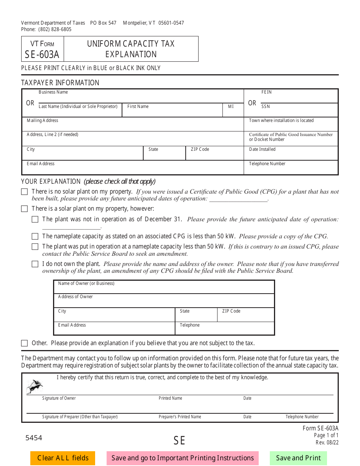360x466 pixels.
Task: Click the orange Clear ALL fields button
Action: (x=63, y=458)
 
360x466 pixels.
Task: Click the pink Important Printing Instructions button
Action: (x=183, y=458)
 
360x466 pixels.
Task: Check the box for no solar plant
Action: (x=25, y=192)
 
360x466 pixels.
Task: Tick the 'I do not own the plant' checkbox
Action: (x=35, y=264)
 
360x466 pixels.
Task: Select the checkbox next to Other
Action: (x=25, y=343)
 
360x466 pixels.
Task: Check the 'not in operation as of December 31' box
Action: (x=35, y=219)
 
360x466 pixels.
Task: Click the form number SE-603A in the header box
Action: (x=42, y=55)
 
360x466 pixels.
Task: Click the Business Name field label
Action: (x=53, y=92)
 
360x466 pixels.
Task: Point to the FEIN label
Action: (x=266, y=92)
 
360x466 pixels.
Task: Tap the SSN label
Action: (x=266, y=106)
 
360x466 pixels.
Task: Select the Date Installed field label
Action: (x=262, y=149)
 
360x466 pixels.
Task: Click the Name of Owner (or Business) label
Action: (x=86, y=283)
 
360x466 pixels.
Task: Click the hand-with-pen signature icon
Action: (x=34, y=386)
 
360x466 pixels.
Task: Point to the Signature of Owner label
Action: (x=59, y=398)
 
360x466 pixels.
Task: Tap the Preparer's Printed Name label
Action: (x=180, y=417)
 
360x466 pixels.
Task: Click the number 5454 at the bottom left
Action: (x=34, y=438)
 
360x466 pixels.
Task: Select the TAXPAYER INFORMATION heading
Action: (x=60, y=83)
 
